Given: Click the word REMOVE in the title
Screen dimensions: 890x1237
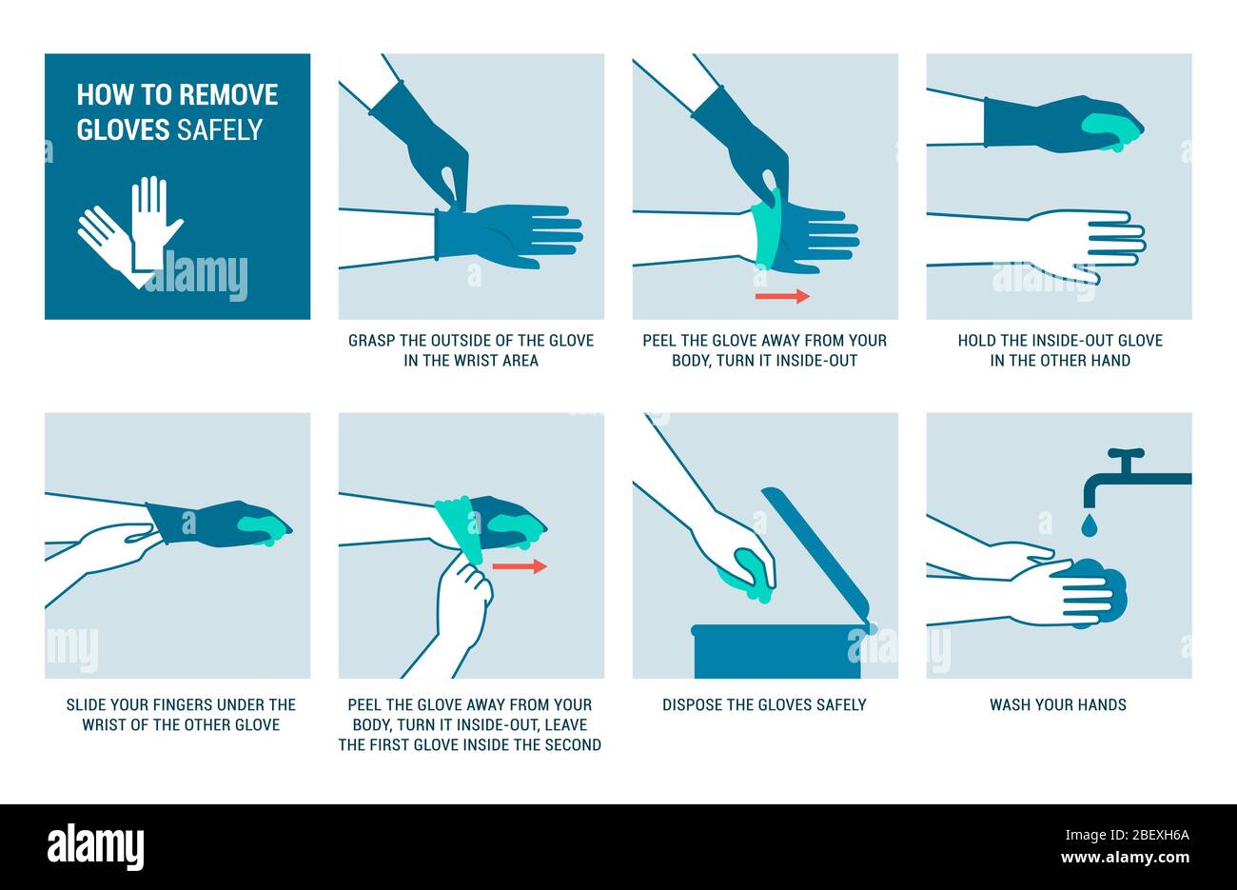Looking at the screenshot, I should pos(228,94).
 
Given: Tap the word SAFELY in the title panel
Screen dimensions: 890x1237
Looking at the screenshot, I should pos(219,129).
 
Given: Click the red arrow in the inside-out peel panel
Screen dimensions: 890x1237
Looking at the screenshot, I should pos(782,296).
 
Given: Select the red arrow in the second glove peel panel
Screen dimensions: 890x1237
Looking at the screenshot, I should pos(520,566).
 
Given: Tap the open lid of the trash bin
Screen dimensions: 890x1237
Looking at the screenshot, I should pos(816,553).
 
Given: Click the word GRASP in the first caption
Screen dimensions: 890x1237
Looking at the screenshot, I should pos(372,340).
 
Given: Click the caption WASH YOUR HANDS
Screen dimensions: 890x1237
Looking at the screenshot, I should pos(1057,704).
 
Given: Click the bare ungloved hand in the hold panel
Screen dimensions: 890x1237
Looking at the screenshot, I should pos(1085,243).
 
